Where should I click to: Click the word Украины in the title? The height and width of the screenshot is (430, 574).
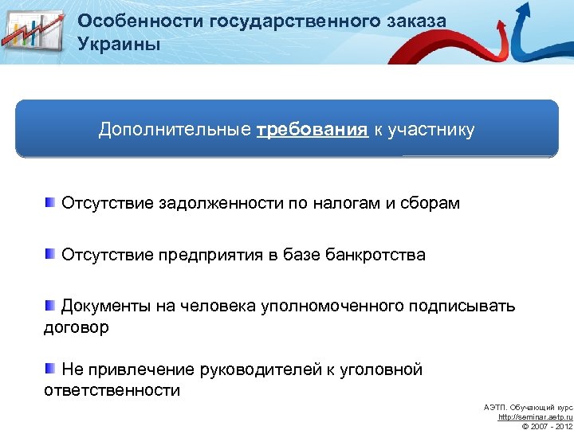119,43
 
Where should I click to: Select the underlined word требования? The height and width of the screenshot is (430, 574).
312,130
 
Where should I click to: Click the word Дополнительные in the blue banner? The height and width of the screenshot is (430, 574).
173,130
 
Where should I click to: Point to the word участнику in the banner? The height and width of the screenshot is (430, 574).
431,130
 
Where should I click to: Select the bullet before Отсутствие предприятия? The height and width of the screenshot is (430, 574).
50,254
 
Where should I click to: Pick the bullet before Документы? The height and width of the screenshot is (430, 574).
50,305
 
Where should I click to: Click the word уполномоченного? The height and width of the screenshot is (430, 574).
332,307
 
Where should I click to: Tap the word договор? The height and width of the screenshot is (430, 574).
76,327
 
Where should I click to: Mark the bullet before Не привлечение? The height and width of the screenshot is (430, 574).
50,369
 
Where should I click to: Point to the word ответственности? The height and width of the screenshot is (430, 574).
112,391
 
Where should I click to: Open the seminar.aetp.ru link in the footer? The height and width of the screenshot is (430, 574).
535,416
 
